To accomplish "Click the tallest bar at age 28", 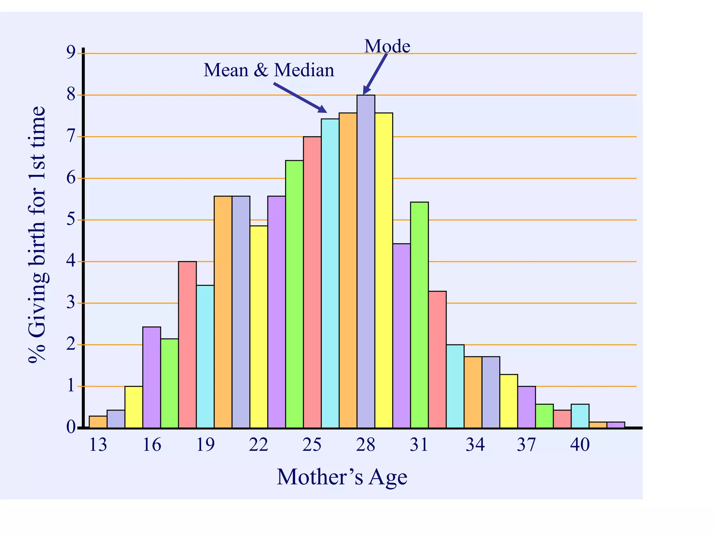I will pyautogui.click(x=366, y=261).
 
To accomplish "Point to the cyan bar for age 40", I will pyautogui.click(x=580, y=416).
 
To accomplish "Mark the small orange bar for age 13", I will pyautogui.click(x=98, y=422).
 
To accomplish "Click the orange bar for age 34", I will pyautogui.click(x=473, y=392).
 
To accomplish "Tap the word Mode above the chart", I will pyautogui.click(x=387, y=46).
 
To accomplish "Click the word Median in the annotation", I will pyautogui.click(x=304, y=70).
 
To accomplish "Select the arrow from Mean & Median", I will pyautogui.click(x=300, y=98).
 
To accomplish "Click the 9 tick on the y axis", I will pyautogui.click(x=71, y=53).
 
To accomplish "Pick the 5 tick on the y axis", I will pyautogui.click(x=71, y=219).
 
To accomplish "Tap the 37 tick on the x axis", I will pyautogui.click(x=526, y=445).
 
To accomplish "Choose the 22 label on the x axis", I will pyautogui.click(x=258, y=445).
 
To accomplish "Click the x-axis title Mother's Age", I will pyautogui.click(x=342, y=476).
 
